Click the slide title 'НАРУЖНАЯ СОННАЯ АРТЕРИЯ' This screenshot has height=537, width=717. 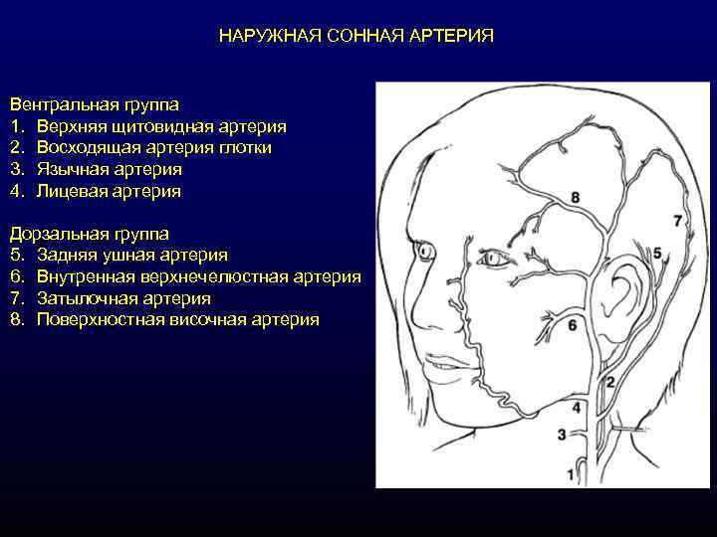(357, 36)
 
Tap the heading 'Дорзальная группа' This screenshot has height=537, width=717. (90, 234)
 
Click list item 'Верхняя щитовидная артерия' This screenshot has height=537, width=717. (161, 126)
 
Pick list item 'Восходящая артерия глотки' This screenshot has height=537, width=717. (154, 147)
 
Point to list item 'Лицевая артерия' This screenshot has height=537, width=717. (110, 190)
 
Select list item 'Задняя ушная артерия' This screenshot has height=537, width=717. (131, 256)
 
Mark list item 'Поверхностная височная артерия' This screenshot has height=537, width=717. (177, 319)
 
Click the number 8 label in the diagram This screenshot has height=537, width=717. (576, 199)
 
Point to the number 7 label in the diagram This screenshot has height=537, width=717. (678, 220)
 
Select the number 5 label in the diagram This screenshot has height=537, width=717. (657, 255)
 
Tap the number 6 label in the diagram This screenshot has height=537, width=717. (572, 324)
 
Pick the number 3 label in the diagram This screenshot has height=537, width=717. (562, 435)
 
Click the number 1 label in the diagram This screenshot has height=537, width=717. (571, 475)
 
